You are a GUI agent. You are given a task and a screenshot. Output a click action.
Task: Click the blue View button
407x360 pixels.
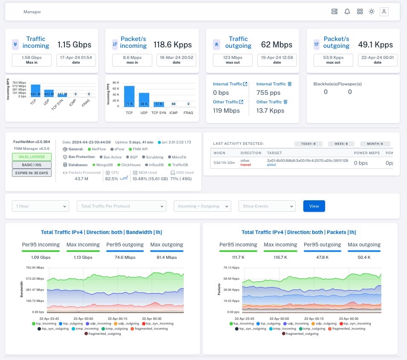click(x=314, y=206)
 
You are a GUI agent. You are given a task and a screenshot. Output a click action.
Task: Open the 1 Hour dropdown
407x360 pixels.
click(x=41, y=206)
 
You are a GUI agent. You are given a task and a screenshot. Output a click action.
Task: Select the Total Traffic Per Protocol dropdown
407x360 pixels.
click(x=121, y=206)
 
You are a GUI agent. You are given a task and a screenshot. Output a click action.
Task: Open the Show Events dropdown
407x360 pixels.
click(x=267, y=206)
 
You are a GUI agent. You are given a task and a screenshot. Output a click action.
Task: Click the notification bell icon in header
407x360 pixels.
click(x=347, y=12)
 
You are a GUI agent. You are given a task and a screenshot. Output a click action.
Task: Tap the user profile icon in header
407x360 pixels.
click(x=384, y=12)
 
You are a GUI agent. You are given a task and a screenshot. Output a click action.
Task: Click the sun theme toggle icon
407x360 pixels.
click(x=372, y=12)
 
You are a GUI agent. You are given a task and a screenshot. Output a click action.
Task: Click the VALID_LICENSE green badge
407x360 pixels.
click(x=32, y=157)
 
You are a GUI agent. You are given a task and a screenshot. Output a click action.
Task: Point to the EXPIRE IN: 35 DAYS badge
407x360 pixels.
click(x=32, y=173)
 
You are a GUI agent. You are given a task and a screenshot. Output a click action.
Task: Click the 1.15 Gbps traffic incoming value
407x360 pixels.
click(x=75, y=44)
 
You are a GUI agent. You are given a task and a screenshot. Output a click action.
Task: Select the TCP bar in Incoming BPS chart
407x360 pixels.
click(x=35, y=91)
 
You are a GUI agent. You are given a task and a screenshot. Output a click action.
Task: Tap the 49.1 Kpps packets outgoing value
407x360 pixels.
click(x=375, y=44)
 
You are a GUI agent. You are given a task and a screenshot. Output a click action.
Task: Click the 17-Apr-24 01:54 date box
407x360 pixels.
click(x=76, y=60)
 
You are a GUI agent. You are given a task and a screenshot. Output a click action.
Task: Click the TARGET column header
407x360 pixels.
click(x=274, y=152)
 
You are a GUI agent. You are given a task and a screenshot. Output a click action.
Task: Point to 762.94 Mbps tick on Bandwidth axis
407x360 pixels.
click(x=35, y=268)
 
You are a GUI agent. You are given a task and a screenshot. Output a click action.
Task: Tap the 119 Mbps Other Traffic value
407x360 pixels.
click(x=226, y=111)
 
